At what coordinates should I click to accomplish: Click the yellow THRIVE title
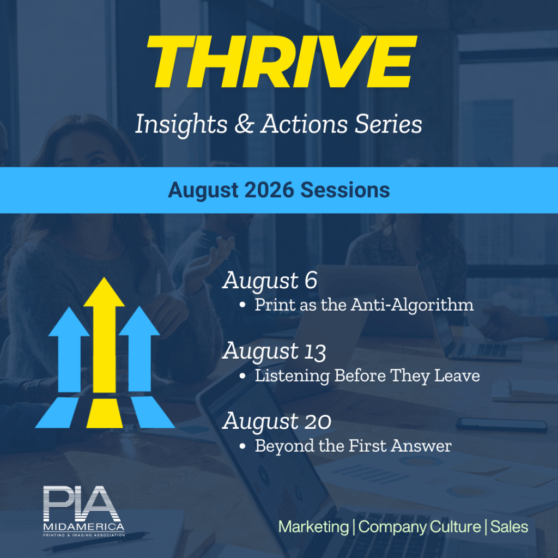pos(282,62)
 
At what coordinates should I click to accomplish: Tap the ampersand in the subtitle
pos(245,124)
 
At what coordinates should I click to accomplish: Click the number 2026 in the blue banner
pos(269,190)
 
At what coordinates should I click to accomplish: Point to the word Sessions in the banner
pos(345,190)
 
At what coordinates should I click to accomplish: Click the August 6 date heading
pos(270,281)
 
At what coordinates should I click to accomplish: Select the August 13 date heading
pos(274,351)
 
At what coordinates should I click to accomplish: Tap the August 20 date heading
pos(277,421)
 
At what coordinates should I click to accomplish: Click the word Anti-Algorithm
pos(413,305)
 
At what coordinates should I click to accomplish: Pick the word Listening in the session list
pos(292,376)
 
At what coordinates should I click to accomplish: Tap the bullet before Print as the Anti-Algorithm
pos(242,305)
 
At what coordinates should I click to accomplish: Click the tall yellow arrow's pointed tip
pos(104,277)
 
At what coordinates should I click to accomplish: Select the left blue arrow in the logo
pos(69,349)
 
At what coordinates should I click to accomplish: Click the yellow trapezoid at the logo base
pos(105,413)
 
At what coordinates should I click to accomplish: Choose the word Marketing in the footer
pos(313,527)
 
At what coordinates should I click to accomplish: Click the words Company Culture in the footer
pos(420,527)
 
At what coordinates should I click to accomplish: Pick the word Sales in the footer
pos(510,527)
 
